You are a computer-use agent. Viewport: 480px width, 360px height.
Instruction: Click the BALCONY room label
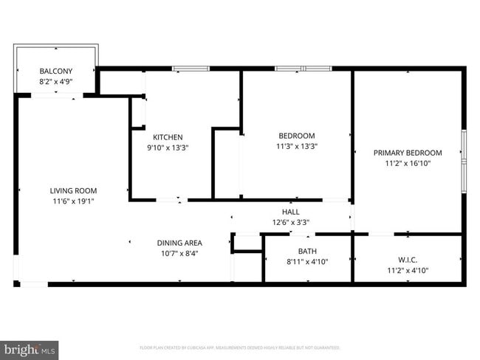(55, 72)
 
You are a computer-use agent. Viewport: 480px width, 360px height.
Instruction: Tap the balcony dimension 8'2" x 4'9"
(55, 82)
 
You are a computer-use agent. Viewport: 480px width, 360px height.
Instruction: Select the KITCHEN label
(168, 137)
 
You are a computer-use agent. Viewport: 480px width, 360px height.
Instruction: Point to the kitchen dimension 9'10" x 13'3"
(168, 148)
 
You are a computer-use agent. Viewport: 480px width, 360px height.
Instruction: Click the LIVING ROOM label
(73, 190)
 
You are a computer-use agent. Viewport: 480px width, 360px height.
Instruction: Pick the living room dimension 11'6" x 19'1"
(73, 201)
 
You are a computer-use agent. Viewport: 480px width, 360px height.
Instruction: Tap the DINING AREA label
(179, 243)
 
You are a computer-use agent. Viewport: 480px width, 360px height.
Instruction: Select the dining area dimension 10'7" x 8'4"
(179, 253)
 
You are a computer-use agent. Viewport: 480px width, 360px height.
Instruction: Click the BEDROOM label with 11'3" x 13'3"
(296, 136)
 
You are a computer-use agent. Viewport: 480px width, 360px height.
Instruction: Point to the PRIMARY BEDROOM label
(408, 153)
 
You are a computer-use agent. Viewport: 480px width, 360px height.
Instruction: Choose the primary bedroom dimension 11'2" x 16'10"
(408, 163)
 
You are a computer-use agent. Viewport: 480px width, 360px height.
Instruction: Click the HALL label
(291, 212)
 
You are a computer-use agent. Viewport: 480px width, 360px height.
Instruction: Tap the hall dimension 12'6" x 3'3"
(291, 222)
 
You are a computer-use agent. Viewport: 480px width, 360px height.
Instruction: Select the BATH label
(307, 252)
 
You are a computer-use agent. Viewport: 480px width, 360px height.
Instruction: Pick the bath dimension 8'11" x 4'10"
(307, 262)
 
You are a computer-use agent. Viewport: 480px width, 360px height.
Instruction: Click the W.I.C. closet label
(408, 260)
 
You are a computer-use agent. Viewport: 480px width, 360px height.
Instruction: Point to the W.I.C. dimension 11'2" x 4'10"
(408, 270)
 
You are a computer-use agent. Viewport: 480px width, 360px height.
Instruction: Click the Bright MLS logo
(30, 349)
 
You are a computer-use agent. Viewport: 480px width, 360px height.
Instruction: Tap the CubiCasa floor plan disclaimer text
(239, 347)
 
